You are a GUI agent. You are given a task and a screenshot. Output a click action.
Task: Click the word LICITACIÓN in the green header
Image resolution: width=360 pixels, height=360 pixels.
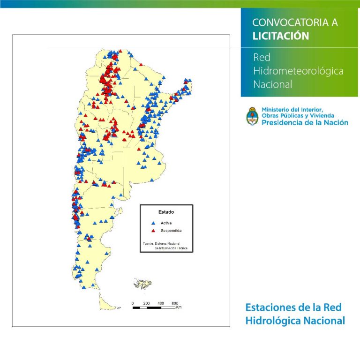pos(280,36)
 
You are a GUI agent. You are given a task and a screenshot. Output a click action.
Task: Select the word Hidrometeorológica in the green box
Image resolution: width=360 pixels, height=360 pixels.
pos(298,71)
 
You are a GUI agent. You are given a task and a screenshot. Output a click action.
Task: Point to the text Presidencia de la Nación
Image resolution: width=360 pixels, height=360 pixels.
pos(305,122)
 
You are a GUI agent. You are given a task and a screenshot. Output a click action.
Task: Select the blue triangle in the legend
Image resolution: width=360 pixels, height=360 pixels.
pos(153,223)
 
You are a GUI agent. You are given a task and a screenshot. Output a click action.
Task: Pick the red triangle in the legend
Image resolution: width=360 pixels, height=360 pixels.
pos(153,231)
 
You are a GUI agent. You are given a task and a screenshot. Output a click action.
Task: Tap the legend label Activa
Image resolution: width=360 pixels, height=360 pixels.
pos(166,223)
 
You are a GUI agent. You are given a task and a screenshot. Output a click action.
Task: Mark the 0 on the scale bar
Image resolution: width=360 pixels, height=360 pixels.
pos(133,303)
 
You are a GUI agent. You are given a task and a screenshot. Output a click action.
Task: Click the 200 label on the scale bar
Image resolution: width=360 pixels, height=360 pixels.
pos(146,303)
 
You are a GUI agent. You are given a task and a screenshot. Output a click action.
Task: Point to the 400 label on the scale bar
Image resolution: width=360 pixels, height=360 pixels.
pos(161,303)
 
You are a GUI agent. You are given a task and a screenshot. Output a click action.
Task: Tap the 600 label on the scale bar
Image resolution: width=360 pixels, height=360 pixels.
pos(175,303)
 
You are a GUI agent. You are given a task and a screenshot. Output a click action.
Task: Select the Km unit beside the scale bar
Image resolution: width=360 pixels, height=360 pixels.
pos(179,307)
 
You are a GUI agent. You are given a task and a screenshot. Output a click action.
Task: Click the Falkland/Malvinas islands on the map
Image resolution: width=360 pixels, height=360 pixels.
pos(141,284)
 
